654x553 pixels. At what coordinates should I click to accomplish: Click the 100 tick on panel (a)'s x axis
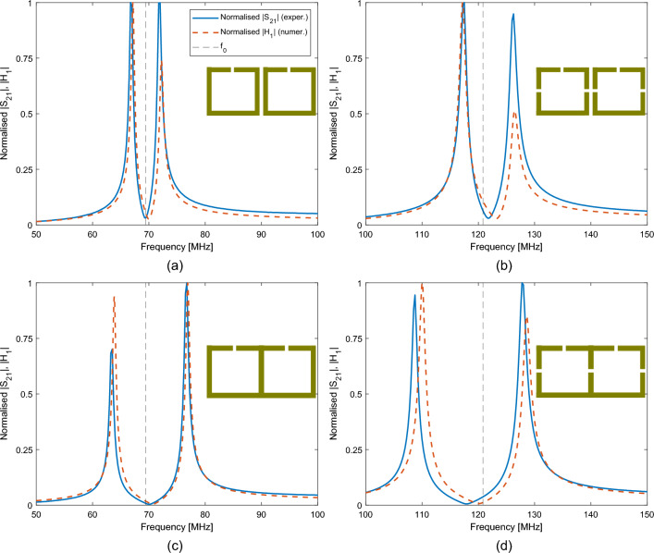tap(316, 236)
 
